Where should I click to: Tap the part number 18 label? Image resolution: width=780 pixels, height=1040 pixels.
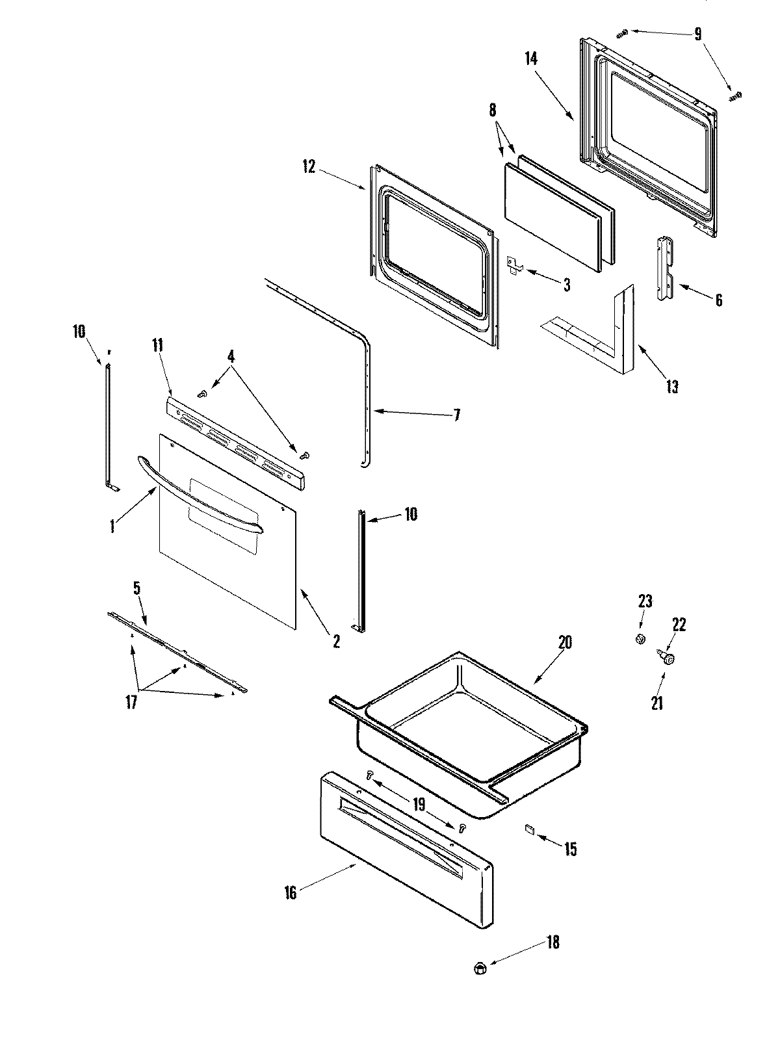[552, 942]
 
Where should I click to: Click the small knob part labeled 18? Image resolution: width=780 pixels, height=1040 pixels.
[480, 968]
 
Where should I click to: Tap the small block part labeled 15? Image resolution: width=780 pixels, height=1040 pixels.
[529, 829]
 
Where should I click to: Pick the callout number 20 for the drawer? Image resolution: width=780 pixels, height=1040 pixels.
[565, 643]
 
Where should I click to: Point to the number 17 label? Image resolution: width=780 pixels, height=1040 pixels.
[131, 703]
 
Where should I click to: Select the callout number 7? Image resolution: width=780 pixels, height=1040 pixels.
[456, 415]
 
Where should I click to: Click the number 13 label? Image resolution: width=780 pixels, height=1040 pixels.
[672, 387]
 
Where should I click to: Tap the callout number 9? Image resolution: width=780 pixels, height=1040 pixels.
[697, 34]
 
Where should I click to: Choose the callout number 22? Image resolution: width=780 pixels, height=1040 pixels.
[679, 625]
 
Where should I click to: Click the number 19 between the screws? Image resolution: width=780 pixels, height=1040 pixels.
[419, 805]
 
